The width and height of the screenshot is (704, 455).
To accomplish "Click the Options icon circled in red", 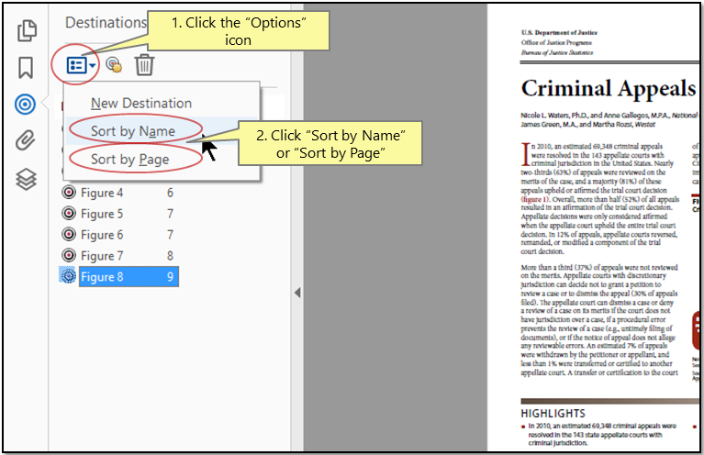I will click(81, 65).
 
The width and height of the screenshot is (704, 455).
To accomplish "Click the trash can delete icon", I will click(144, 65).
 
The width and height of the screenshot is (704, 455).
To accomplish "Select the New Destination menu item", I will click(140, 104).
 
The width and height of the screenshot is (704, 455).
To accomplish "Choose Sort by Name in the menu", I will click(132, 131).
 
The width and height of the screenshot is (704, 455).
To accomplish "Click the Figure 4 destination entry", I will click(102, 194).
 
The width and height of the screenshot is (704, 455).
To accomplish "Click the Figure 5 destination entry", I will click(102, 215).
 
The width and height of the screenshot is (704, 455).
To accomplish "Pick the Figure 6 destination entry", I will click(102, 236).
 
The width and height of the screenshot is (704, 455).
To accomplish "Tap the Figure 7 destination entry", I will click(102, 256).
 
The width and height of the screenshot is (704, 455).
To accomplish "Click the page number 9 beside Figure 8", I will click(170, 277).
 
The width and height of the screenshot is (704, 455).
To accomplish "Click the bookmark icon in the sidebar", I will click(26, 68).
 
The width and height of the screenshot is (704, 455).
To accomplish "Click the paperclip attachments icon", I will click(26, 141).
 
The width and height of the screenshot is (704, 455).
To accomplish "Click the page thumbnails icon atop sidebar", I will click(26, 30).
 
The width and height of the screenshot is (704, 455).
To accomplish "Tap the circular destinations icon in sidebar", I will click(26, 105).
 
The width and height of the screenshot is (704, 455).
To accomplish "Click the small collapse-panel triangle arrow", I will click(296, 293).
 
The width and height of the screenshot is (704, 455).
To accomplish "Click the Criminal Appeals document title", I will click(608, 89).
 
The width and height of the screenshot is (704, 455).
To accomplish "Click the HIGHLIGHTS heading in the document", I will click(553, 414).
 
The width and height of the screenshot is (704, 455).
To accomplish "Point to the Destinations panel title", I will click(106, 22).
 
